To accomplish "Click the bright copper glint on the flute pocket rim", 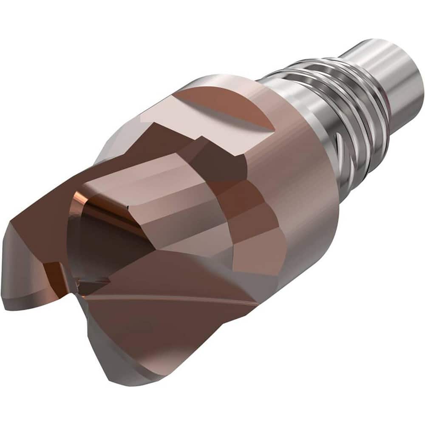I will [79, 200].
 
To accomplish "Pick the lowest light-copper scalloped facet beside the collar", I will [257, 251].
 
